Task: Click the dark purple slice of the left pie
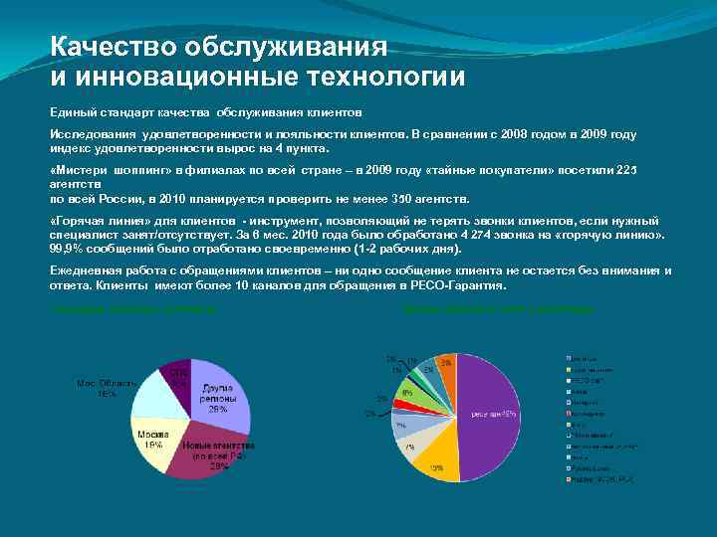[x=176, y=376]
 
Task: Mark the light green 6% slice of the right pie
[x=411, y=394]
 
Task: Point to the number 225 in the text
[x=624, y=170]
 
